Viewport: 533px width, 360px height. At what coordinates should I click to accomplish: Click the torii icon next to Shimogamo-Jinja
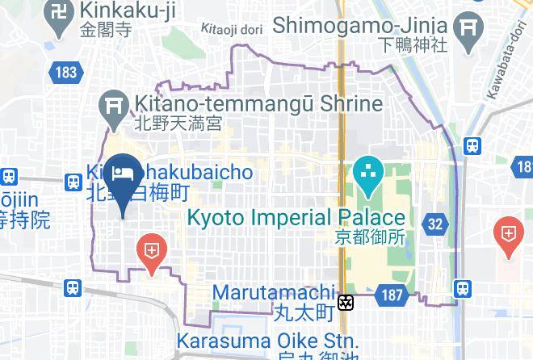pos(468,30)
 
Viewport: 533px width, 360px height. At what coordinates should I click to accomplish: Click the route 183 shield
pos(66,73)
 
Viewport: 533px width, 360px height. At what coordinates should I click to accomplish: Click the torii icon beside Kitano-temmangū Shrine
pos(110,107)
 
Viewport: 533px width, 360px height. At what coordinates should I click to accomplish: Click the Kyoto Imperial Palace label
pos(296,218)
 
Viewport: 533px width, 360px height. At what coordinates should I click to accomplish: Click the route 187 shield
pos(392,295)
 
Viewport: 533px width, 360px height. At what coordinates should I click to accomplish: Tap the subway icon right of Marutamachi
pos(346,303)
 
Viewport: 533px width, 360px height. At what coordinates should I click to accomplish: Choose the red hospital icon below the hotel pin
pos(151,249)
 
